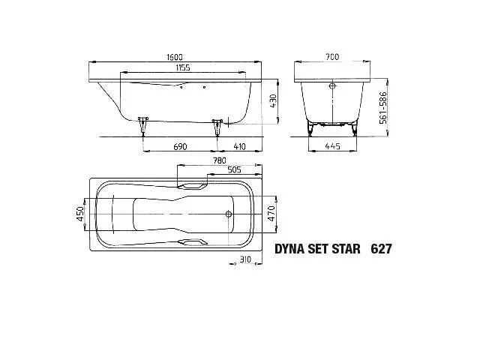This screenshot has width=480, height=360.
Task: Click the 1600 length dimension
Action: [x=175, y=57]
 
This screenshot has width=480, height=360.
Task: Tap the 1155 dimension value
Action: [x=183, y=67]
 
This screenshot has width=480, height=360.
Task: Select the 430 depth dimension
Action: [x=273, y=101]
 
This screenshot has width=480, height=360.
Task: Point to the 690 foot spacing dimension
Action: [x=180, y=147]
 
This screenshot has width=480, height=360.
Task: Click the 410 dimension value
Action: [x=239, y=147]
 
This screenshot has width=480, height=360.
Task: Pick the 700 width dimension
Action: [x=332, y=57]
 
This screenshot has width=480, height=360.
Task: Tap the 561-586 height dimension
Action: [x=383, y=108]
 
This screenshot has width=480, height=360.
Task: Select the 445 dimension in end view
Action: [x=332, y=146]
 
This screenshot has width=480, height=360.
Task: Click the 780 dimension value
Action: [x=220, y=160]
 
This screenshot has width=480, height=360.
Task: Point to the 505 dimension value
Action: [x=234, y=169]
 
